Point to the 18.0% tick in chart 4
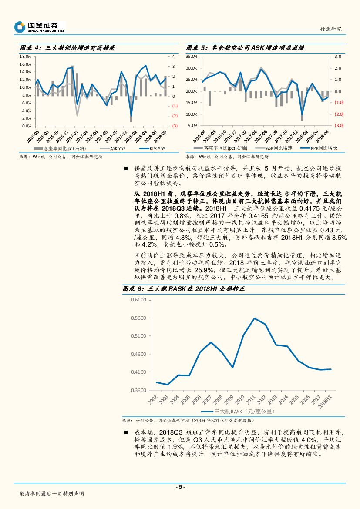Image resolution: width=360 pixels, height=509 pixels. click(25, 57)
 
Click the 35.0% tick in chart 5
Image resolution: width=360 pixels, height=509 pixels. click(192, 57)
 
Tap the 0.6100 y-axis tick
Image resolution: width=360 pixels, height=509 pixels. click(138, 300)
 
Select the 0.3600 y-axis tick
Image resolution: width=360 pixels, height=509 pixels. click(138, 390)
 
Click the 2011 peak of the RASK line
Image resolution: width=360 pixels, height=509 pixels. click(254, 318)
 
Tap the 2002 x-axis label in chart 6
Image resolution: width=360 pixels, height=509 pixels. click(153, 399)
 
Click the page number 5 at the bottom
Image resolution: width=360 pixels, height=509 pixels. click(180, 487)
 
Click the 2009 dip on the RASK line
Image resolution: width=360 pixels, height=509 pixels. click(232, 368)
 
